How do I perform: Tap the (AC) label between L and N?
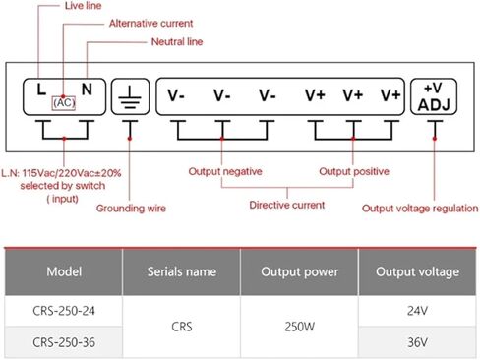(65, 101)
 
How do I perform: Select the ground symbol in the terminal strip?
(130, 95)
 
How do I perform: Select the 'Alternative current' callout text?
(150, 23)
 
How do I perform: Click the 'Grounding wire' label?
(131, 208)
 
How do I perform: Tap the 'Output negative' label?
(225, 171)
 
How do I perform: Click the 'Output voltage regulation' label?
(420, 208)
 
